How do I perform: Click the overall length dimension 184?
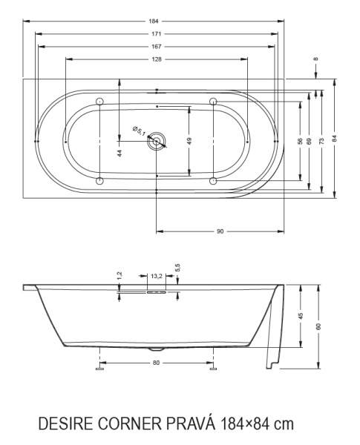tap(154, 22)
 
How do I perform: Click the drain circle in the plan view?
tap(157, 139)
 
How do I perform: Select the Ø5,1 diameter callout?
tap(140, 131)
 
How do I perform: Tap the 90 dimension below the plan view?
tap(220, 232)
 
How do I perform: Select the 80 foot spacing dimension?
tap(155, 363)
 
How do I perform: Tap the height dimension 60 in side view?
tap(318, 326)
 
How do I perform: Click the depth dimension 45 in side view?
tap(301, 315)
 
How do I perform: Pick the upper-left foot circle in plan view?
tap(99, 102)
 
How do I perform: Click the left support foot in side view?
tap(99, 365)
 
